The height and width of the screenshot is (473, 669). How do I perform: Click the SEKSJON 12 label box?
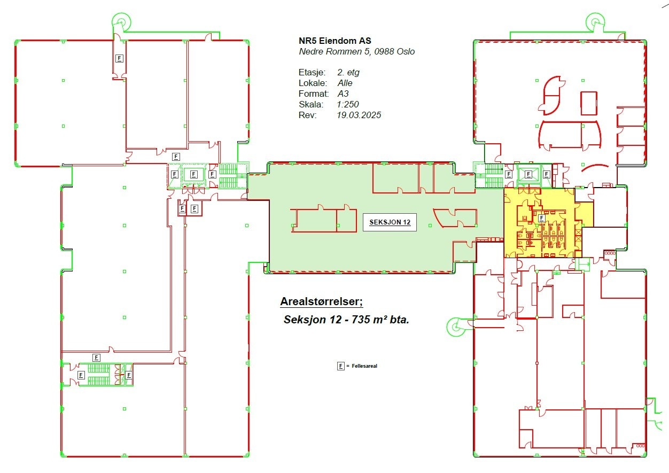[x=390, y=222]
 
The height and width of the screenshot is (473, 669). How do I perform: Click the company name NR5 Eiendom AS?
[x=335, y=41]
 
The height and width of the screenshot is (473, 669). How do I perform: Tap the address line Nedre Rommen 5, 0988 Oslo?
[x=356, y=52]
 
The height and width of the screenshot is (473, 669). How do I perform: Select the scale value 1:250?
[x=348, y=104]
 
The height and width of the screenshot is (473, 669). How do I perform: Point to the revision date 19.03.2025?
[x=359, y=115]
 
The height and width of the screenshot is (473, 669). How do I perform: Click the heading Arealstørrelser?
[x=322, y=301]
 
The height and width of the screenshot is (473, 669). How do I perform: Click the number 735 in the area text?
[x=361, y=320]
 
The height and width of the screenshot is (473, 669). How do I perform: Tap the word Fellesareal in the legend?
[x=364, y=366]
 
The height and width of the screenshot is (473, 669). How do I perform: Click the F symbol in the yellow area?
[x=542, y=218]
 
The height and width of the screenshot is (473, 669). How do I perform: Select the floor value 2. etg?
[x=348, y=72]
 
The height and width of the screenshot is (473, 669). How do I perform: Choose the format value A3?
[x=343, y=94]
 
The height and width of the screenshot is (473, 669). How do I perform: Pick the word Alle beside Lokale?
[x=345, y=83]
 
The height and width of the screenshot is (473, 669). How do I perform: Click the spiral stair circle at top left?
[x=121, y=21]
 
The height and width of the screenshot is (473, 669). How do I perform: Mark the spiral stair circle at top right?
[x=595, y=21]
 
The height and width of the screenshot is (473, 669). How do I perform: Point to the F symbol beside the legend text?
[x=341, y=366]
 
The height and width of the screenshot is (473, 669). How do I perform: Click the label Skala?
[x=311, y=105]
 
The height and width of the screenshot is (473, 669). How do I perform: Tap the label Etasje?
[x=312, y=73]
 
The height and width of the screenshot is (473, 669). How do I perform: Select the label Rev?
[x=308, y=115]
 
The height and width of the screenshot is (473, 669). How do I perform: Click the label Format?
[x=314, y=94]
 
